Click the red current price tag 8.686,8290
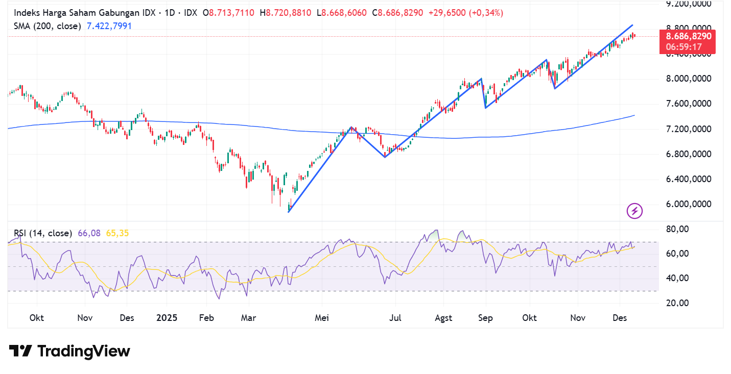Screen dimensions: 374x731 pyautogui.click(x=687, y=37)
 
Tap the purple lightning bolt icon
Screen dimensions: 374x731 pyautogui.click(x=634, y=211)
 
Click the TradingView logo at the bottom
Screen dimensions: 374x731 pyautogui.click(x=69, y=351)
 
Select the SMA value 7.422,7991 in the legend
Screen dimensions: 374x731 pyautogui.click(x=109, y=26)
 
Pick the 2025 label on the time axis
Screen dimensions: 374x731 pyautogui.click(x=167, y=318)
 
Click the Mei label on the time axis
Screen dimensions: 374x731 pyautogui.click(x=322, y=318)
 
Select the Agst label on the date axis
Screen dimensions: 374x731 pyautogui.click(x=443, y=318)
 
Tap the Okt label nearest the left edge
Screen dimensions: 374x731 pyautogui.click(x=37, y=318)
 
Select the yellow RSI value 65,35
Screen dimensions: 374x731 pyautogui.click(x=117, y=233)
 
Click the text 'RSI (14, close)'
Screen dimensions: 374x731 pyautogui.click(x=43, y=233)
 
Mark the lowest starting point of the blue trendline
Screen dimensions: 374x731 pyautogui.click(x=289, y=212)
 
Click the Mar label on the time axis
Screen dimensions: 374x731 pyautogui.click(x=248, y=318)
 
